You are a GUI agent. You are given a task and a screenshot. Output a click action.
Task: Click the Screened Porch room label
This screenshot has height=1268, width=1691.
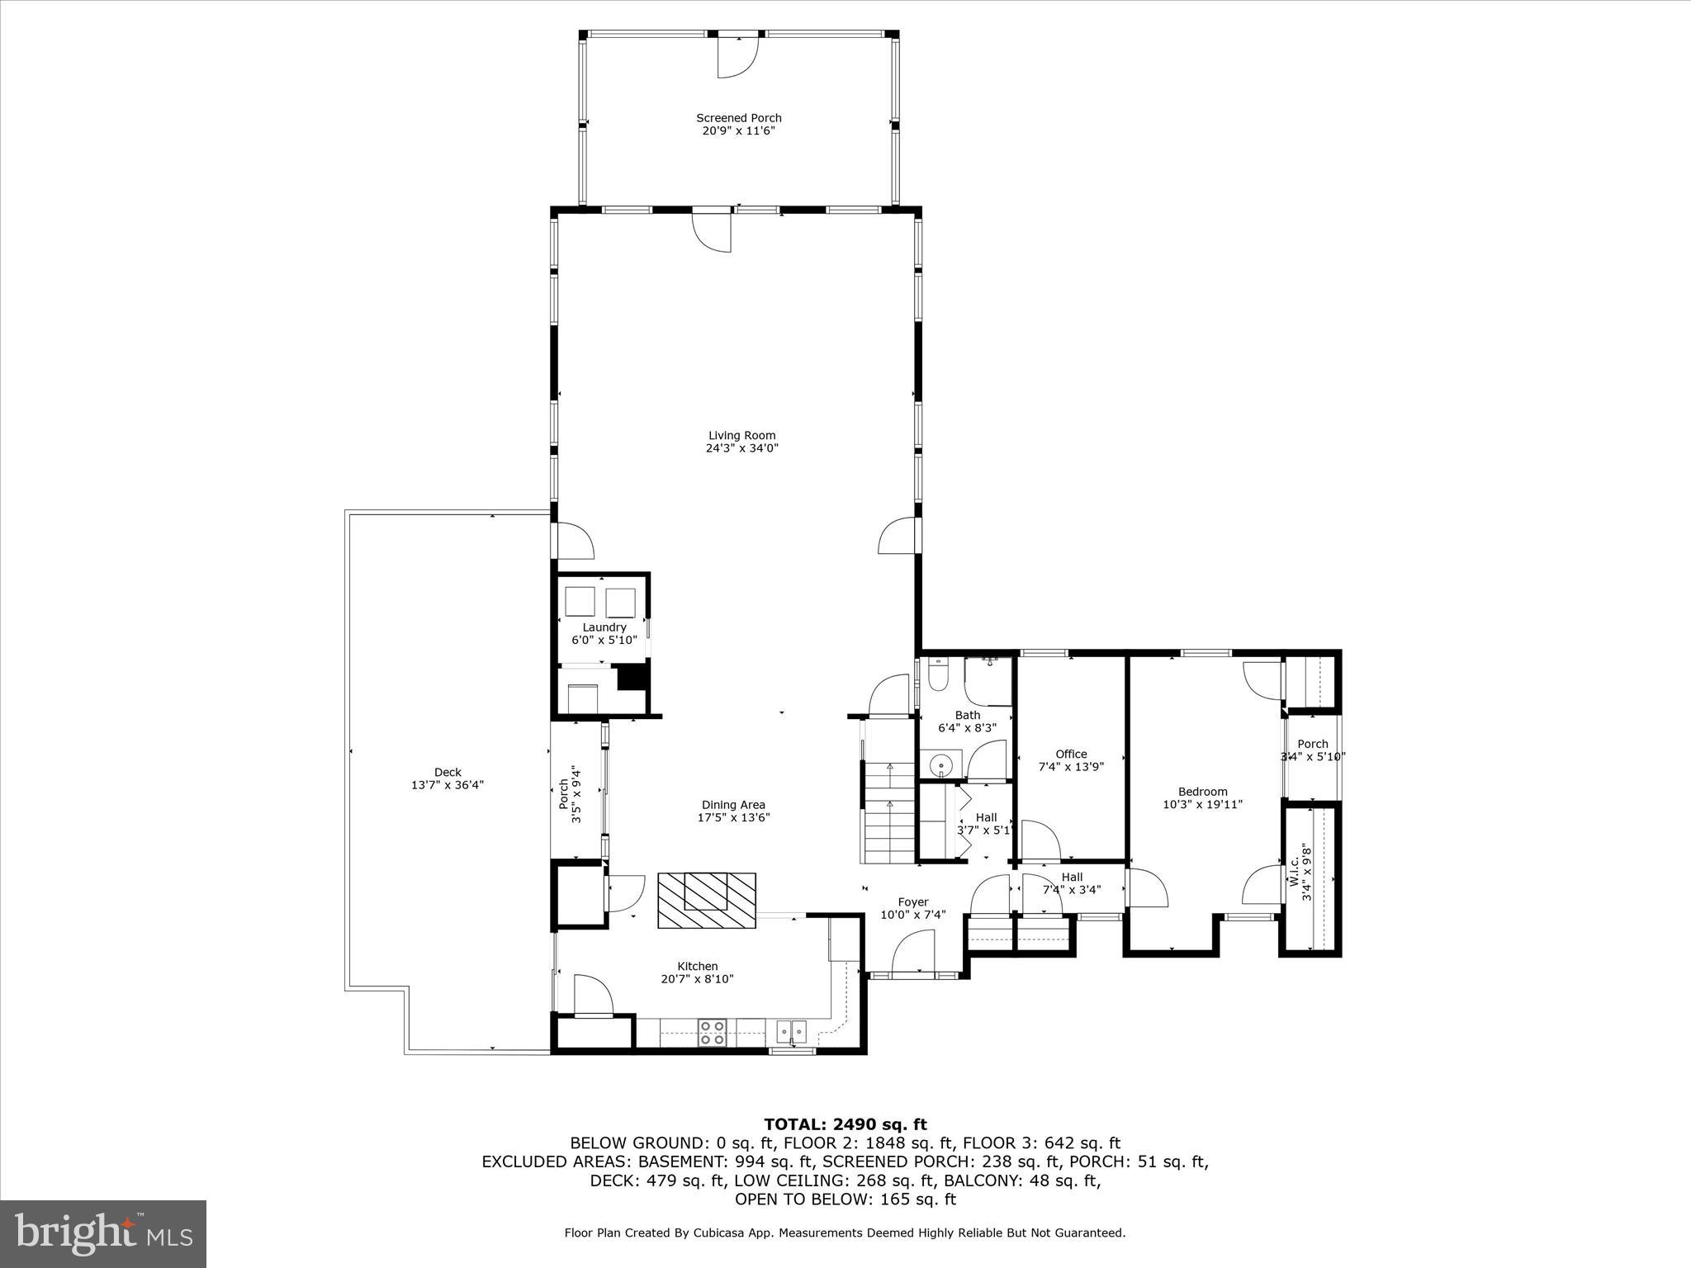click(738, 118)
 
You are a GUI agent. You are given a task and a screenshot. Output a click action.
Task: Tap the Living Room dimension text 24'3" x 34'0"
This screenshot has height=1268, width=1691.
click(741, 448)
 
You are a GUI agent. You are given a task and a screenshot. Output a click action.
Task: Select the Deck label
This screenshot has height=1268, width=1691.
click(448, 773)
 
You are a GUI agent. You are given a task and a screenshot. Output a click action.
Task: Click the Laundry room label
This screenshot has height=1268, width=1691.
click(604, 627)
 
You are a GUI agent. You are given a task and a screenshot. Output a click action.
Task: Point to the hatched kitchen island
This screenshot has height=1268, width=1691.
click(706, 900)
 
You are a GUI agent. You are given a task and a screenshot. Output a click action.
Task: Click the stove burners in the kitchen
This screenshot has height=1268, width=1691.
click(713, 1033)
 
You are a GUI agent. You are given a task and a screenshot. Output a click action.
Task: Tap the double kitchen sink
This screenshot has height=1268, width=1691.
click(791, 1029)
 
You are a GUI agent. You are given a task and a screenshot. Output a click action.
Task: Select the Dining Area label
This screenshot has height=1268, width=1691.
click(733, 805)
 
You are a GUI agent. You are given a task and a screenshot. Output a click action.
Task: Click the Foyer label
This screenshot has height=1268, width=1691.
click(912, 902)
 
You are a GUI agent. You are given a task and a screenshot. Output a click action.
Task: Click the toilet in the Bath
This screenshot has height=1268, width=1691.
click(938, 675)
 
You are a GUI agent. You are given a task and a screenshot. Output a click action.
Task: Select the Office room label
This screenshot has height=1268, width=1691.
click(1071, 754)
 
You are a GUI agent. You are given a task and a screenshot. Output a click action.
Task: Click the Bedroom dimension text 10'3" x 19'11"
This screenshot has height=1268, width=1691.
click(1202, 804)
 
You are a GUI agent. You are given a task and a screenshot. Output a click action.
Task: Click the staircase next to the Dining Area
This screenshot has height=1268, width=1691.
click(889, 813)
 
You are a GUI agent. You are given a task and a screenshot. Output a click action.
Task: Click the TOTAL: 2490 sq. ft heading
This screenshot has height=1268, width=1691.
click(845, 1124)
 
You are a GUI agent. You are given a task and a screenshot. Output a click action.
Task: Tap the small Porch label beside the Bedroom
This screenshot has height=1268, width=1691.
click(1312, 744)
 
